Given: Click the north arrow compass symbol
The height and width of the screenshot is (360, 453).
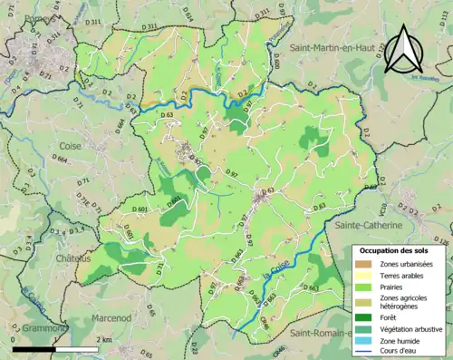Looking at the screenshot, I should pyautogui.click(x=405, y=49).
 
